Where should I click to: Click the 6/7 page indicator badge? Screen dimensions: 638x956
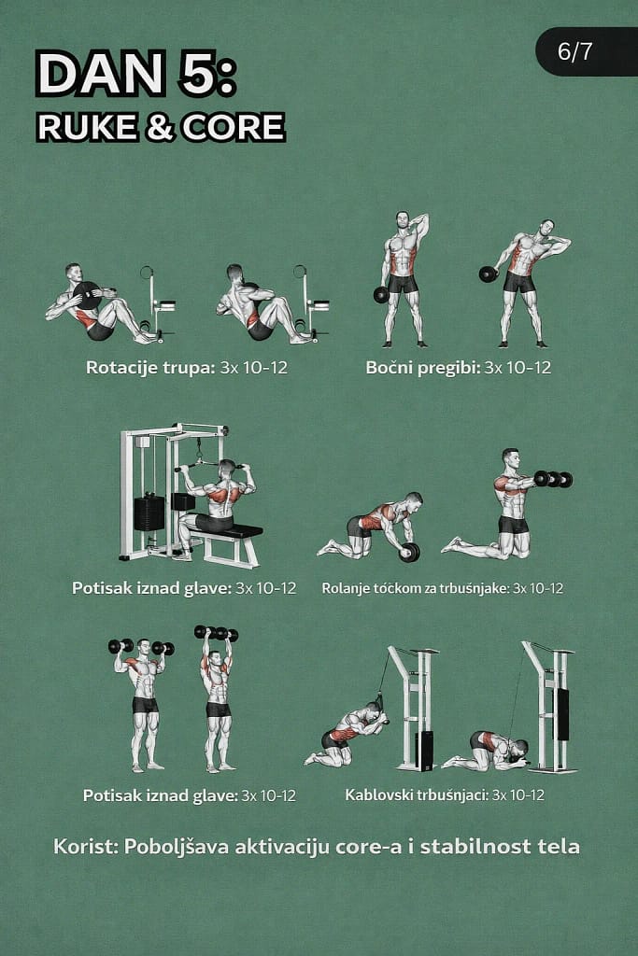(x=587, y=51)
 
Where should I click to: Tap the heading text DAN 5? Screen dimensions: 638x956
(x=135, y=73)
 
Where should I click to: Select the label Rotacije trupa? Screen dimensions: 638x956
(x=150, y=368)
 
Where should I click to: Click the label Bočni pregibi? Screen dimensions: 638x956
(x=423, y=368)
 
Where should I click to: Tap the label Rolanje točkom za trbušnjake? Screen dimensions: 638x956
(x=415, y=588)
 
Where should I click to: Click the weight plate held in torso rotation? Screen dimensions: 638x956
(x=89, y=296)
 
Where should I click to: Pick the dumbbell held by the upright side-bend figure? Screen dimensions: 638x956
(x=381, y=295)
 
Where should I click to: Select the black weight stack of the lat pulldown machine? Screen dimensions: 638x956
(x=149, y=513)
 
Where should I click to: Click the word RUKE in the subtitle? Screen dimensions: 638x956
(x=87, y=127)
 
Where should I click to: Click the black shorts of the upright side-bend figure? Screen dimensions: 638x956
(x=403, y=284)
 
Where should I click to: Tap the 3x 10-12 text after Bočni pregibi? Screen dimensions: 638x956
(x=517, y=368)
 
